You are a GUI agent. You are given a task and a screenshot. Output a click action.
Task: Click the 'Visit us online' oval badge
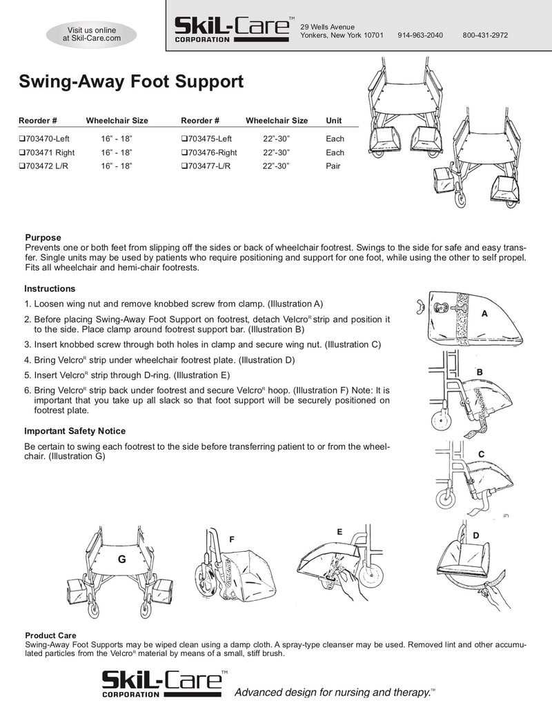click(x=91, y=34)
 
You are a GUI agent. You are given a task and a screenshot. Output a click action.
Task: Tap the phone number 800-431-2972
click(x=485, y=35)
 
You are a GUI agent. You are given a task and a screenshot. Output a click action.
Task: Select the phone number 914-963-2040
click(x=420, y=35)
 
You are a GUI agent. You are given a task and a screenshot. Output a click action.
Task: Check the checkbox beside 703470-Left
click(x=22, y=139)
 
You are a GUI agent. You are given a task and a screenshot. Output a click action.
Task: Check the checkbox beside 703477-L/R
click(x=184, y=166)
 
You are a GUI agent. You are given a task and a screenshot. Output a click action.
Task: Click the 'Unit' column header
click(x=333, y=121)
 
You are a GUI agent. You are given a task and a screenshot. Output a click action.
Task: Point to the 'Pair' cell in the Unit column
click(x=334, y=166)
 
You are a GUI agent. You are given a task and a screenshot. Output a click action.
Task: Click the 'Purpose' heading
click(x=43, y=237)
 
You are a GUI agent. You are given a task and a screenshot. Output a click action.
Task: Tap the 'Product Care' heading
click(x=50, y=635)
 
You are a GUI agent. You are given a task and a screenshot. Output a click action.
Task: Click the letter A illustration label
click(x=484, y=313)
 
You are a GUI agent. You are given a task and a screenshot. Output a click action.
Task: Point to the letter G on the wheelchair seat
click(x=120, y=559)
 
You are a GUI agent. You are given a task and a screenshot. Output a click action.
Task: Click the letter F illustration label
click(x=232, y=538)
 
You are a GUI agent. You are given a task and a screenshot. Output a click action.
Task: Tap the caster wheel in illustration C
click(x=445, y=498)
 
